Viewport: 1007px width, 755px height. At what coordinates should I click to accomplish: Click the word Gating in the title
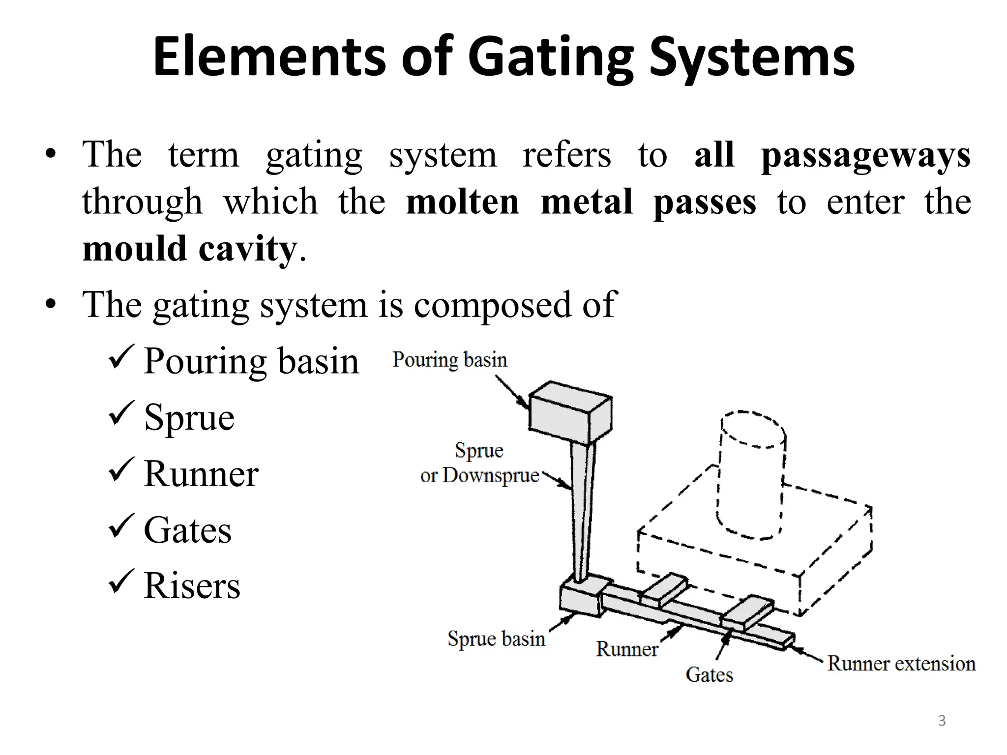pos(551,58)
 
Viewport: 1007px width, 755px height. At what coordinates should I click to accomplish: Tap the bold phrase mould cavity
pos(190,249)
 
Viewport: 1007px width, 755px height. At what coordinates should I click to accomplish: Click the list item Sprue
pos(189,418)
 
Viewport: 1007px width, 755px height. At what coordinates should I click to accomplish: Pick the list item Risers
pos(192,586)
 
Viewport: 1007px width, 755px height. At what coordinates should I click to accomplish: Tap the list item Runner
pos(201,474)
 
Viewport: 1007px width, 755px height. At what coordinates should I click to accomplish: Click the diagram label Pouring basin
pos(449,360)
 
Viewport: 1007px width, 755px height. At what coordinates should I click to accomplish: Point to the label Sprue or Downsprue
pos(479,464)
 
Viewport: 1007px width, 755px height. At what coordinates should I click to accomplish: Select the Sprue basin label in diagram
pos(496,639)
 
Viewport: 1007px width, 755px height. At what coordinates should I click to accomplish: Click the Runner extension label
pos(901,664)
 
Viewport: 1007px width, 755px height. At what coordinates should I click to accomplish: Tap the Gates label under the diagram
pos(709,675)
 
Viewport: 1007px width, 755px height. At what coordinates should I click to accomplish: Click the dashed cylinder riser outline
pos(751,474)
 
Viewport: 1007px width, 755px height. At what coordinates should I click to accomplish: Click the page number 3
pos(942,721)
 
